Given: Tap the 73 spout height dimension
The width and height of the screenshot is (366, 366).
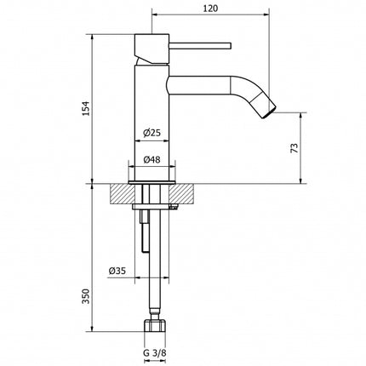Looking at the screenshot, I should pyautogui.click(x=294, y=147).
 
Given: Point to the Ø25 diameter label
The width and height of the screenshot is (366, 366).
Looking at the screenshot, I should pyautogui.click(x=152, y=133).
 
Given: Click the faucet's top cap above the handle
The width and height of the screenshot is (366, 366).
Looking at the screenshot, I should pyautogui.click(x=152, y=39).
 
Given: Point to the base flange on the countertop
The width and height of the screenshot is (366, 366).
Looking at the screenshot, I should pyautogui.click(x=152, y=181).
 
